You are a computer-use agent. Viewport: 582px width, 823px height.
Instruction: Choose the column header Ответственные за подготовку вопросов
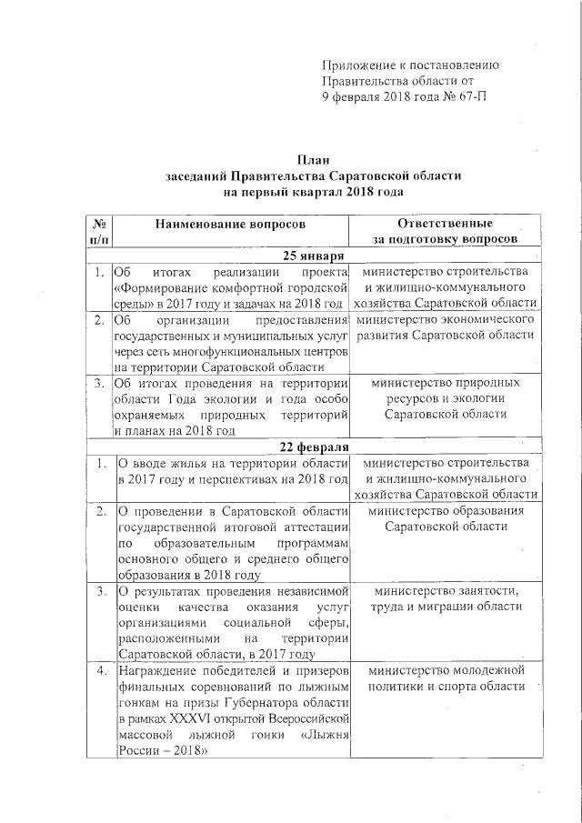coord(446,231)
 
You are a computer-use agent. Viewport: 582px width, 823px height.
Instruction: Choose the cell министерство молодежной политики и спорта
coord(446,678)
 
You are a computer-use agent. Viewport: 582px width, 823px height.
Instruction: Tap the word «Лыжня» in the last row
coord(324,734)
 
